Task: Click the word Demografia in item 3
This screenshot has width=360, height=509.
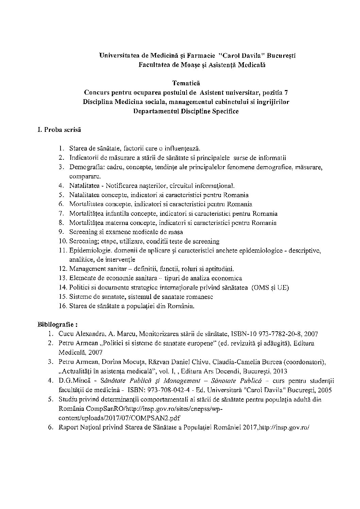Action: pyautogui.click(x=84, y=167)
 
